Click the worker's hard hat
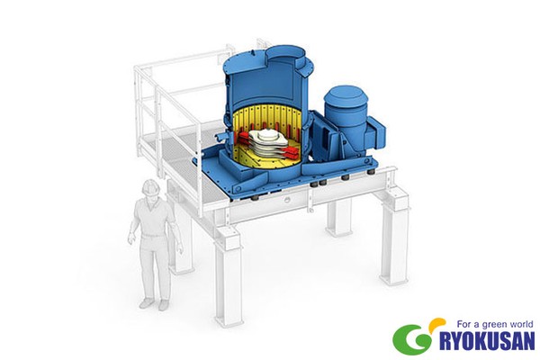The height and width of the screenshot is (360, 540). coord(150,186)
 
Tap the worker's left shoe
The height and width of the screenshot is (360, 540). coord(164,305)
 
